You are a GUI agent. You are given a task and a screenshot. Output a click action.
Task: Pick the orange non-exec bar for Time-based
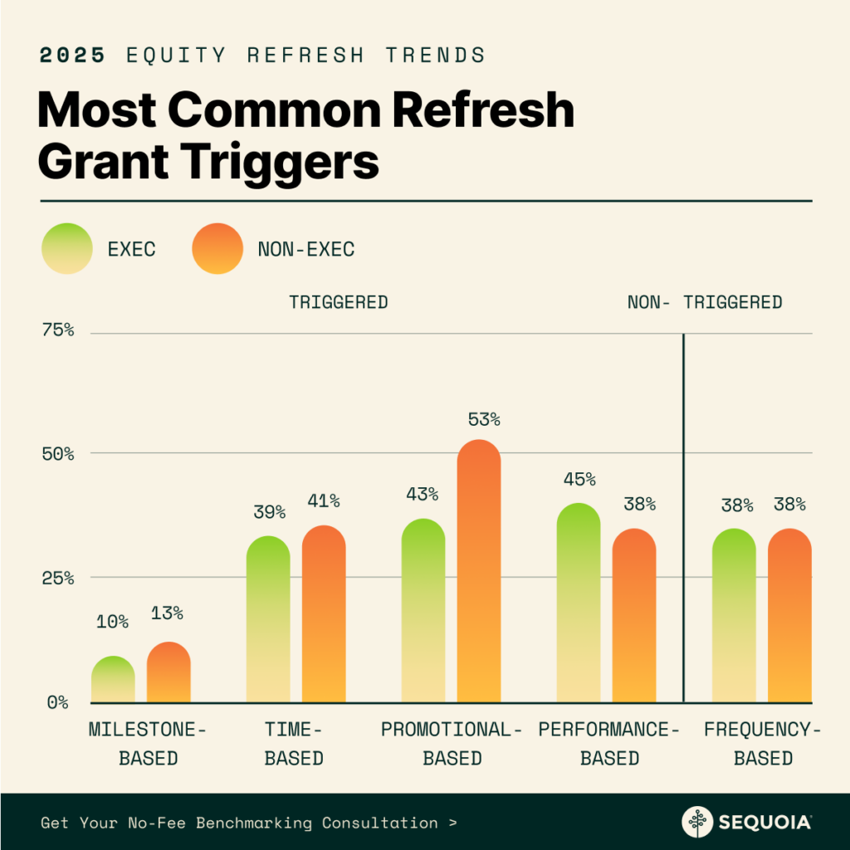pyautogui.click(x=324, y=614)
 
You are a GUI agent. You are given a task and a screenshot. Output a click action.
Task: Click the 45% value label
pyautogui.click(x=579, y=479)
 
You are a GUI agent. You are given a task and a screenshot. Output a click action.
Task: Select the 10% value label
pyautogui.click(x=112, y=621)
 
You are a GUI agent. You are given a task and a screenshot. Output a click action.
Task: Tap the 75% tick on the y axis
pyautogui.click(x=58, y=330)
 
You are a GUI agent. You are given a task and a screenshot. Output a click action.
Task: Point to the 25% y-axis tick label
pyautogui.click(x=58, y=577)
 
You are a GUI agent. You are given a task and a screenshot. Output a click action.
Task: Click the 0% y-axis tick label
pyautogui.click(x=57, y=702)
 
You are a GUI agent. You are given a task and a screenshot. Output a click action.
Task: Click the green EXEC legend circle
pyautogui.click(x=67, y=248)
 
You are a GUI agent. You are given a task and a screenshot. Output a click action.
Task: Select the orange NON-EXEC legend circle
pyautogui.click(x=217, y=248)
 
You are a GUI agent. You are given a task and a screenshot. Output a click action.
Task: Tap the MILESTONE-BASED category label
pyautogui.click(x=148, y=744)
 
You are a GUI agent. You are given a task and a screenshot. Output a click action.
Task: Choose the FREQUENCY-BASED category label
pyautogui.click(x=763, y=744)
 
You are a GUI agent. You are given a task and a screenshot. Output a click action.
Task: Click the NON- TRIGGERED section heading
pyautogui.click(x=705, y=302)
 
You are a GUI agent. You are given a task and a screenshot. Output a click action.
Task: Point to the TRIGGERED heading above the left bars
pyautogui.click(x=338, y=302)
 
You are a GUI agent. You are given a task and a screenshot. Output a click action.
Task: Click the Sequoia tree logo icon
pyautogui.click(x=697, y=822)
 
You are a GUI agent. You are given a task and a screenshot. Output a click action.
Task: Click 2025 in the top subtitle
pyautogui.click(x=73, y=56)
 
